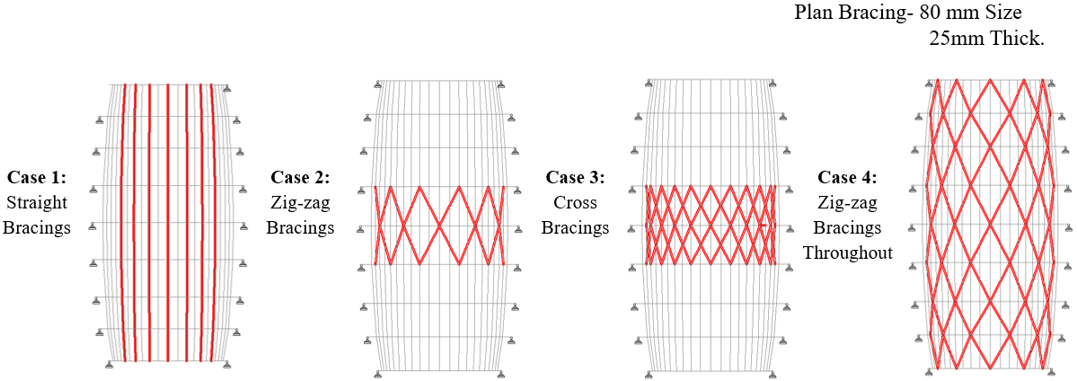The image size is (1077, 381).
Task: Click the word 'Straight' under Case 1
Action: (x=37, y=204)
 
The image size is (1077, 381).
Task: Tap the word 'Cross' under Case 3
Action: (x=575, y=204)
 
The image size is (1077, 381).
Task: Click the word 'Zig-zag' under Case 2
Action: (x=300, y=204)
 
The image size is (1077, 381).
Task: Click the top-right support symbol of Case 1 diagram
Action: (x=226, y=88)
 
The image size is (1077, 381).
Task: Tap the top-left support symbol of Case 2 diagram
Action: (x=378, y=85)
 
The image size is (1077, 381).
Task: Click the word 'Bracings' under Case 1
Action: (x=37, y=227)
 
